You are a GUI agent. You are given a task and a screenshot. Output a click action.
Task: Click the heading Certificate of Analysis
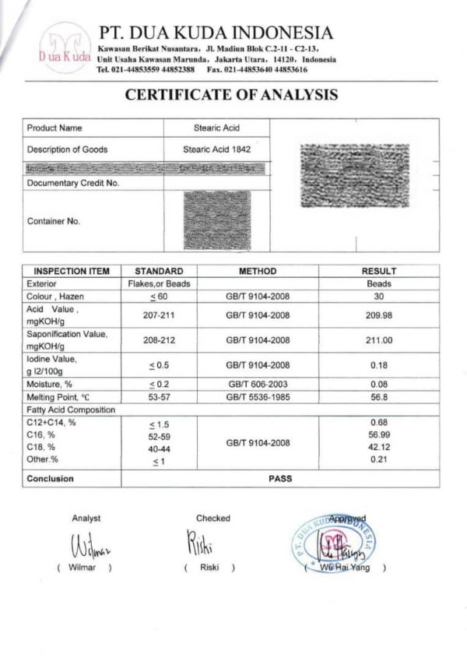pos(231,95)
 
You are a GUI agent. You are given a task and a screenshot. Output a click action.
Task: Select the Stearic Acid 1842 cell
pos(217,149)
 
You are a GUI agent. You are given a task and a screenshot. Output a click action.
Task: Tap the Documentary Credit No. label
pos(72,183)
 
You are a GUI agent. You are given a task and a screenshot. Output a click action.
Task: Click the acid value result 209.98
pos(379,315)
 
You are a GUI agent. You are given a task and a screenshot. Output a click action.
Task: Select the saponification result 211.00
pos(379,340)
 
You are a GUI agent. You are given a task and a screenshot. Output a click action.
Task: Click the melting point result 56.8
pos(379,396)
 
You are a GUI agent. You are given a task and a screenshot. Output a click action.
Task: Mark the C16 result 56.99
pos(379,434)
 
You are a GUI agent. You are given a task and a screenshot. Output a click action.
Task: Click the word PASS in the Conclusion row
pos(279,478)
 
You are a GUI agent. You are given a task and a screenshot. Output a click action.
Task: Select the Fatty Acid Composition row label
pos(71,410)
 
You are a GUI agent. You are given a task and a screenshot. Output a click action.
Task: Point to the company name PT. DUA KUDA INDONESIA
pos(216,33)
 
